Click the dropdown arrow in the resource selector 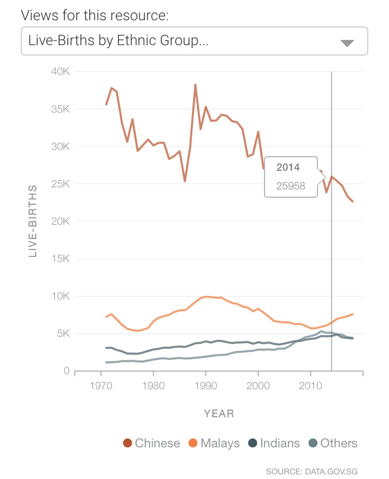click(x=347, y=43)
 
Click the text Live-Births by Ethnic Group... click(x=118, y=40)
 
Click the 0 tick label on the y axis click(x=66, y=371)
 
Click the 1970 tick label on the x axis click(x=101, y=386)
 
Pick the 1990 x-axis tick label click(x=206, y=386)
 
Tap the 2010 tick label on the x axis click(x=310, y=386)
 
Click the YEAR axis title click(x=219, y=414)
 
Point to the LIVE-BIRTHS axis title click(x=32, y=221)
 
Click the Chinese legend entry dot click(x=128, y=443)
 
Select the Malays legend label click(x=220, y=443)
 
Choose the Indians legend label click(x=280, y=443)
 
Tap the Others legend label click(x=339, y=443)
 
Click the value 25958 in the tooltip click(x=291, y=186)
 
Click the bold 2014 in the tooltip click(x=288, y=168)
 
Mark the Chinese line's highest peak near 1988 click(x=195, y=85)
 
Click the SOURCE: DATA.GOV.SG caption click(x=312, y=471)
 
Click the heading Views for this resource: click(x=95, y=15)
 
